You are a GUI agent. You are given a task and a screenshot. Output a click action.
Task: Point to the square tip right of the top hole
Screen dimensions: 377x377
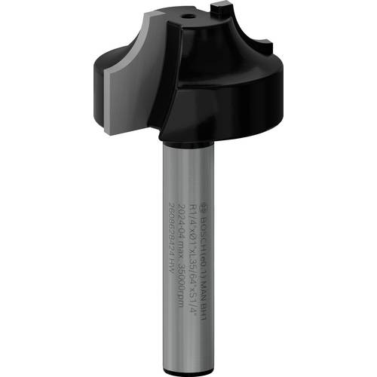[219, 9]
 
